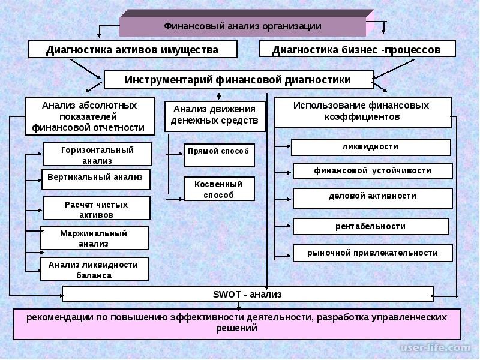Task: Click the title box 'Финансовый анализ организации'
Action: pyautogui.click(x=242, y=26)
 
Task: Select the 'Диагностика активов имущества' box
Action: pyautogui.click(x=133, y=49)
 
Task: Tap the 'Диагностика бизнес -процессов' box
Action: pyautogui.click(x=357, y=49)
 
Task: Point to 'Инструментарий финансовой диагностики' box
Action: pyautogui.click(x=238, y=80)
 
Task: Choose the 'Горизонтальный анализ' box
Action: pyautogui.click(x=98, y=154)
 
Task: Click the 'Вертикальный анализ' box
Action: pyautogui.click(x=96, y=179)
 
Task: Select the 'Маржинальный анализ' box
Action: pyautogui.click(x=94, y=238)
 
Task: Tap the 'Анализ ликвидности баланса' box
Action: pyautogui.click(x=94, y=269)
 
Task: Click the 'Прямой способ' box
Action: pyautogui.click(x=219, y=155)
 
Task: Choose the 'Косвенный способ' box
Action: pyautogui.click(x=219, y=188)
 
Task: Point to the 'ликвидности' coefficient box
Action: pyautogui.click(x=371, y=147)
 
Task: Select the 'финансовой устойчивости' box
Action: pyautogui.click(x=373, y=171)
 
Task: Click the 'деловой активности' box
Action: pyautogui.click(x=373, y=199)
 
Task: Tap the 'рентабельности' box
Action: pyautogui.click(x=371, y=227)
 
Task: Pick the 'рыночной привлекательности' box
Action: pyautogui.click(x=373, y=253)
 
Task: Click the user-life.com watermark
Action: pyautogui.click(x=435, y=348)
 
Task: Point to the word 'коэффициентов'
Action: pyautogui.click(x=362, y=117)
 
